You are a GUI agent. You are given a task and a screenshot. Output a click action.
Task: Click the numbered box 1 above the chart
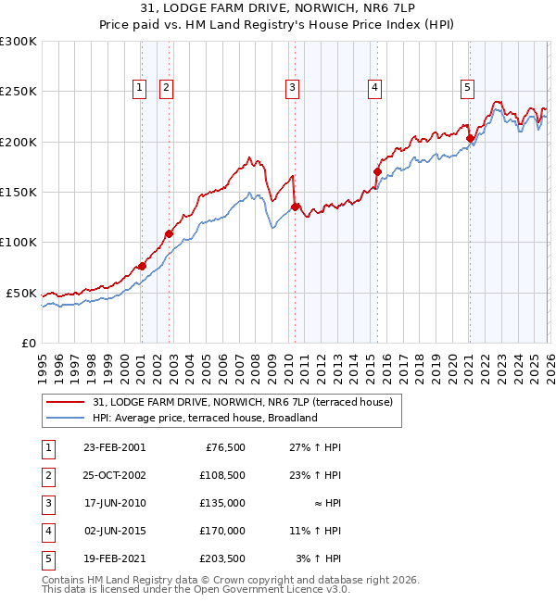(140, 88)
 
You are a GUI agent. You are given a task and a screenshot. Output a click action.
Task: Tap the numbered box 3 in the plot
(292, 88)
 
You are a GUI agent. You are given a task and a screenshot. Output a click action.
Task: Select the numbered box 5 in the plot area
(467, 88)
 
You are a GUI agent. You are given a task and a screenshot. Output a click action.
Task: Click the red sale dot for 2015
(377, 171)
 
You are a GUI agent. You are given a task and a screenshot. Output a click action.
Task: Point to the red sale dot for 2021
(470, 139)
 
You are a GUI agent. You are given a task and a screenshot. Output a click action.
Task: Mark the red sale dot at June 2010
(295, 207)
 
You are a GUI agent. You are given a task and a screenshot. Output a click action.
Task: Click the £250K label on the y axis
(19, 92)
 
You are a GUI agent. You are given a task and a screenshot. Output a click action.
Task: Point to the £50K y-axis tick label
(21, 293)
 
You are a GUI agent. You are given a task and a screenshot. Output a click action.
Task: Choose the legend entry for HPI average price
(204, 418)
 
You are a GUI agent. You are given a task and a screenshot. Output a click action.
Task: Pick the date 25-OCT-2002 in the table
(114, 475)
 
